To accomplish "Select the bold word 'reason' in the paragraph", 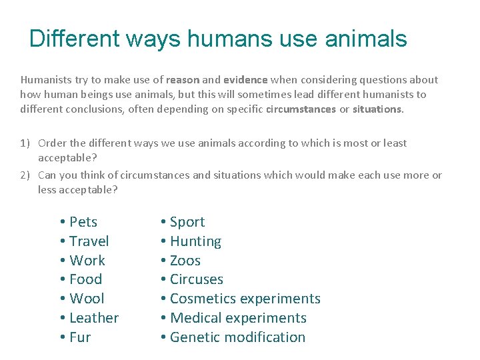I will [x=184, y=79].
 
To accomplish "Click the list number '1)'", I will [x=25, y=143].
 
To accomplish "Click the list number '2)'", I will [x=25, y=175].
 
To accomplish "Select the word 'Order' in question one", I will [x=52, y=143].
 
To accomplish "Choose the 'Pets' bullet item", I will [x=83, y=222].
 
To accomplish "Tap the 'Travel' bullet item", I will [x=89, y=241].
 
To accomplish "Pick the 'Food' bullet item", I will [x=85, y=279].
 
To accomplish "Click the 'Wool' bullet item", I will [x=87, y=299].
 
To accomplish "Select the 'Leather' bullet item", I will [x=93, y=318].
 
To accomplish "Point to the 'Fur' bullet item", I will [x=79, y=337].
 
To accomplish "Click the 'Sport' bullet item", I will [x=187, y=222].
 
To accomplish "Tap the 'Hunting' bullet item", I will [x=195, y=241].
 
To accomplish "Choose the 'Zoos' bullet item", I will [x=185, y=261].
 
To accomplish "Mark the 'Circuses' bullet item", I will [x=196, y=279].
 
